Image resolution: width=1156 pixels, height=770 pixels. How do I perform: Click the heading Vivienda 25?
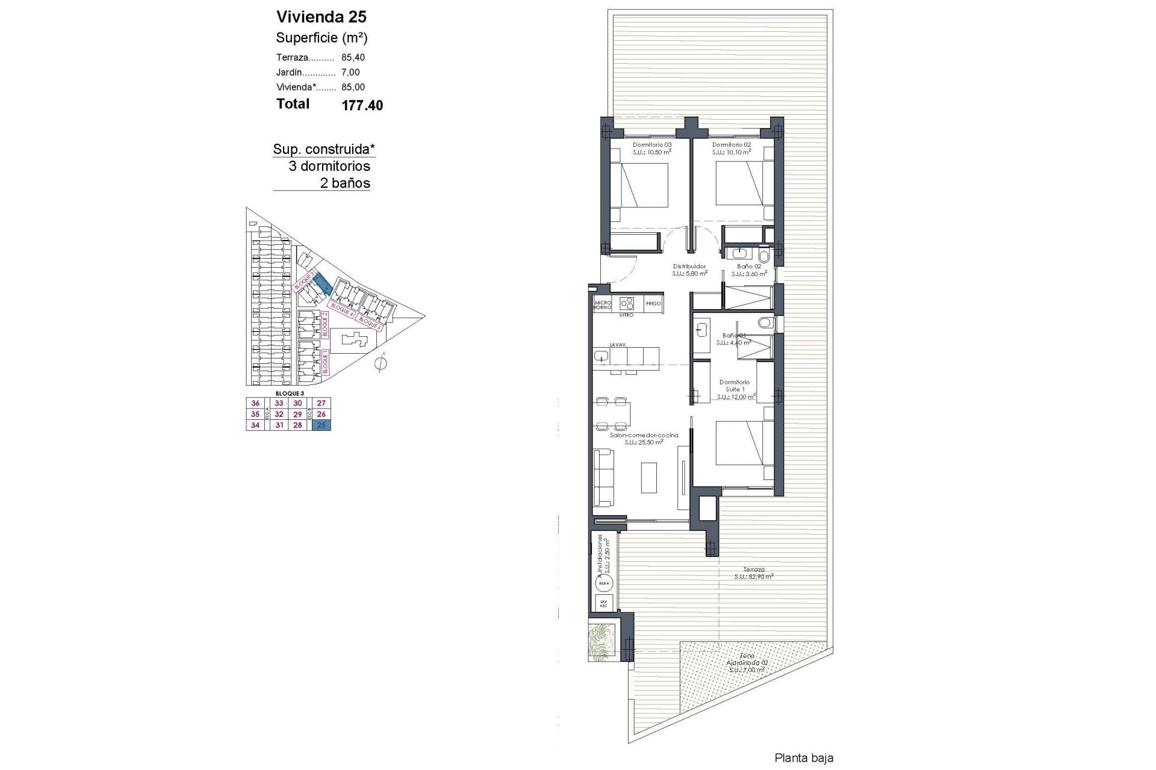tap(321, 16)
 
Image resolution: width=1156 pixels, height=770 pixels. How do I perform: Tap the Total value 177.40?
tap(362, 105)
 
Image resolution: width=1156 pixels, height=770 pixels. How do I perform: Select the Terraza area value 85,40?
tap(353, 58)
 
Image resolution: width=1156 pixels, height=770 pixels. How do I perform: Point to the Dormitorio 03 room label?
tap(651, 145)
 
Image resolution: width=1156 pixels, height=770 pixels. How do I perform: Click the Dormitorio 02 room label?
tap(731, 145)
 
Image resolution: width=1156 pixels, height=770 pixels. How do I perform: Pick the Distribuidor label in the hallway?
tap(689, 266)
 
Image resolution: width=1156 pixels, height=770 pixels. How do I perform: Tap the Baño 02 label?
tap(749, 266)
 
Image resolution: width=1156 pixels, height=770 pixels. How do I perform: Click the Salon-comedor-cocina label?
tap(644, 436)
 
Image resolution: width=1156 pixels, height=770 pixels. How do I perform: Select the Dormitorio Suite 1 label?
tap(735, 386)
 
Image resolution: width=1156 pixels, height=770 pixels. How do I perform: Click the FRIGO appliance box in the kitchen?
tap(653, 304)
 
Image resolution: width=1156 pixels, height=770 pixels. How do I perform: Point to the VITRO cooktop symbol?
tap(627, 303)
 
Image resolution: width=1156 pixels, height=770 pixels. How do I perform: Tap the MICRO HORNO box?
tap(603, 305)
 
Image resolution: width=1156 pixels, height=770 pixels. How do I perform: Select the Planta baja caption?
tap(804, 759)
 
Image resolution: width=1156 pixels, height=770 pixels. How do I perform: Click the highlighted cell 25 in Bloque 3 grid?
tap(321, 425)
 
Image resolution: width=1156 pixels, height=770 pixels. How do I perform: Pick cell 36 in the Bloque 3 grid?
tap(255, 404)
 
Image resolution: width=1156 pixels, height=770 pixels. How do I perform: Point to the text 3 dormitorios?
tap(329, 167)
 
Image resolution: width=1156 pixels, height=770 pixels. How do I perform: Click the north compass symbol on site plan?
tap(380, 363)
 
